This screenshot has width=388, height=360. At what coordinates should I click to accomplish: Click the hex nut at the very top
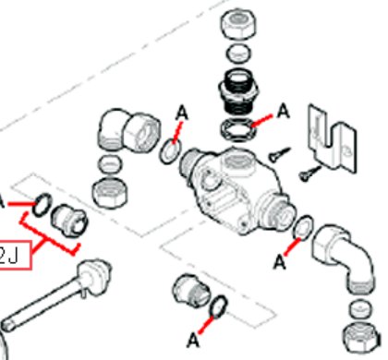tap(238, 24)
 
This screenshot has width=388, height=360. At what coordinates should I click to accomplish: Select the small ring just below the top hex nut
tap(238, 54)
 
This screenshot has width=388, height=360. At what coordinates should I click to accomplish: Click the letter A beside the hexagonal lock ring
tap(284, 111)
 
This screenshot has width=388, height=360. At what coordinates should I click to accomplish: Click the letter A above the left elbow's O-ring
tap(182, 113)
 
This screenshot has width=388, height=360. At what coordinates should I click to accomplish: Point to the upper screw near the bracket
tap(279, 155)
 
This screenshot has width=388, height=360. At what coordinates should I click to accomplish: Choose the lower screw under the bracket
tap(309, 174)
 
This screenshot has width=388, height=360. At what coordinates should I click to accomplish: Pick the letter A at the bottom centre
tap(193, 341)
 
